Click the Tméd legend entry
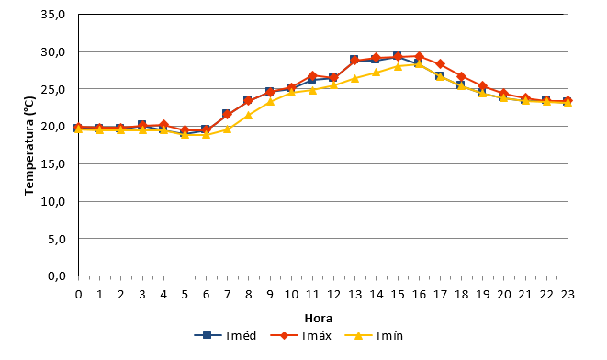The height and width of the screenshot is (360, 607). pyautogui.click(x=225, y=335)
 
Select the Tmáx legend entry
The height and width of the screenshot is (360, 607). pyautogui.click(x=300, y=335)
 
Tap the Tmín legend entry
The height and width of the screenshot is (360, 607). pyautogui.click(x=374, y=335)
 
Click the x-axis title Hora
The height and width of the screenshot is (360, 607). pyautogui.click(x=319, y=318)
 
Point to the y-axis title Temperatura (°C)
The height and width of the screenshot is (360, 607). pyautogui.click(x=29, y=145)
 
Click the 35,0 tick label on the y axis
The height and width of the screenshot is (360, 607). pyautogui.click(x=52, y=15)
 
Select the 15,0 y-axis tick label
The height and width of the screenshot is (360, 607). pyautogui.click(x=52, y=164)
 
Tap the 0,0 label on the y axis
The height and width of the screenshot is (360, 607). pyautogui.click(x=57, y=276)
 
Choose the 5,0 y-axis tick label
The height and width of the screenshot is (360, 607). pyautogui.click(x=57, y=239)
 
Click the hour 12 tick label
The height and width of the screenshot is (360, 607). pyautogui.click(x=333, y=295)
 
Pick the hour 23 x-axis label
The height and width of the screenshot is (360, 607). pyautogui.click(x=568, y=295)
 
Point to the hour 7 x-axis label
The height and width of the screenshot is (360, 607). pyautogui.click(x=227, y=295)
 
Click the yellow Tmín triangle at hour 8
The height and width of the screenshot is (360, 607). pyautogui.click(x=249, y=116)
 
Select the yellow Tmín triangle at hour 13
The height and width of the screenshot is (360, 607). pyautogui.click(x=354, y=79)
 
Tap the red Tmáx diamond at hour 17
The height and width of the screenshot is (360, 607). pyautogui.click(x=440, y=64)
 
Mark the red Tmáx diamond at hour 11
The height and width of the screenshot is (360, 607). pyautogui.click(x=312, y=76)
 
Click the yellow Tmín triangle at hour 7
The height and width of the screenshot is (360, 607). pyautogui.click(x=227, y=129)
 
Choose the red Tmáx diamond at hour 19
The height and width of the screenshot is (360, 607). pyautogui.click(x=482, y=86)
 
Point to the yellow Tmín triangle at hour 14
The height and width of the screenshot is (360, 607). pyautogui.click(x=376, y=73)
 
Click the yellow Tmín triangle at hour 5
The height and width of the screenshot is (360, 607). pyautogui.click(x=185, y=134)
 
